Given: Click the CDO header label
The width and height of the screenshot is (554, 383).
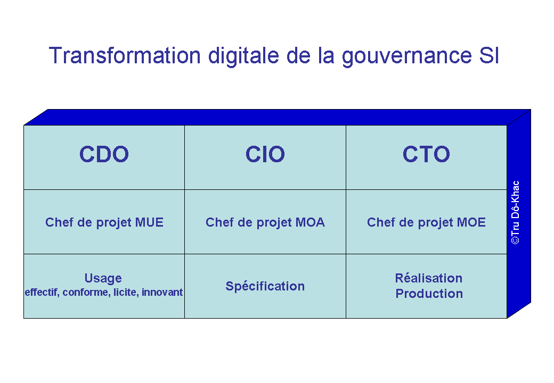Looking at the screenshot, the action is (104, 154).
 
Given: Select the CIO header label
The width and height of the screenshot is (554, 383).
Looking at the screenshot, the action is (265, 154).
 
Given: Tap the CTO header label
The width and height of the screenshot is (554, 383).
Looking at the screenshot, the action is (426, 154).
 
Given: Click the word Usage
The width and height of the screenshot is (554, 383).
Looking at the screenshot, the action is (103, 279).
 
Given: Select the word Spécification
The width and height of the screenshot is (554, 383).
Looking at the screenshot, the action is (265, 286).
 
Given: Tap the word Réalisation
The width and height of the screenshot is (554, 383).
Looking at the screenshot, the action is (429, 278).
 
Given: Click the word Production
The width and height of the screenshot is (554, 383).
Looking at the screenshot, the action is (429, 294).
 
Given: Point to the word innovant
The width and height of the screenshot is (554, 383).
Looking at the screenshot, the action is (162, 292).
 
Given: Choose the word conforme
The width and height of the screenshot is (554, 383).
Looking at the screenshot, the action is (86, 293).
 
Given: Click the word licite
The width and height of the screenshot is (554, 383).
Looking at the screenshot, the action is (126, 293).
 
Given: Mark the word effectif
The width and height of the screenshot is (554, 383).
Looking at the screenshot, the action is (42, 293).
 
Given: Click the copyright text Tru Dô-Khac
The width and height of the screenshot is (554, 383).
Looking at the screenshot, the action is (516, 213).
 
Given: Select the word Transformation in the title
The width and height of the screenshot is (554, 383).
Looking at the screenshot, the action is (125, 56).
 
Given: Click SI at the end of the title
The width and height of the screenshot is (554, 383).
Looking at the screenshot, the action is (489, 55).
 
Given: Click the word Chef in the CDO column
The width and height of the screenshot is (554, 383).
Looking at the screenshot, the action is (59, 222).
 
